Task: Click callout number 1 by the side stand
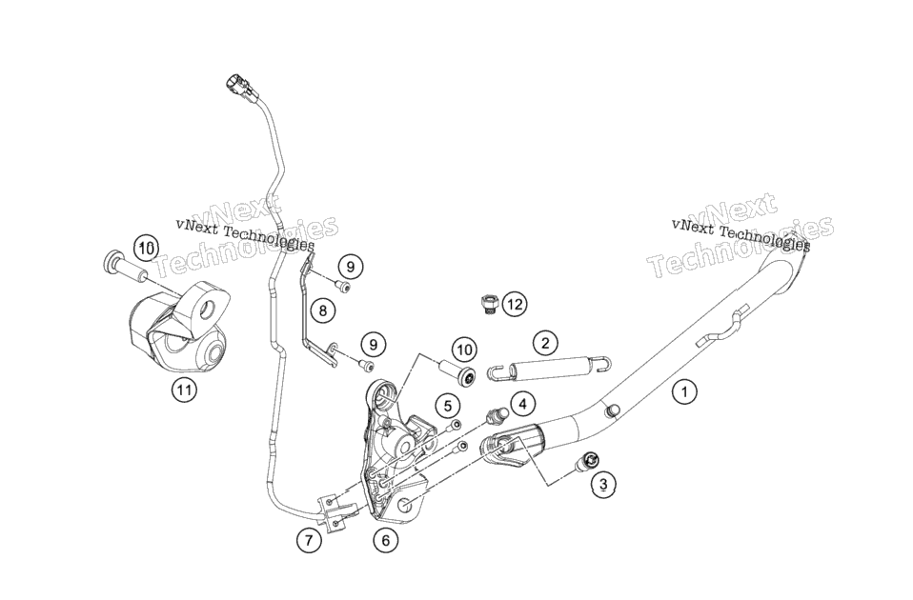(684, 391)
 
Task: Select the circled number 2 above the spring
(545, 343)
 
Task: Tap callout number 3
(603, 484)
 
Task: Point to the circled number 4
(522, 404)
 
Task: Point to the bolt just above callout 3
(587, 462)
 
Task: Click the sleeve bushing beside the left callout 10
(124, 266)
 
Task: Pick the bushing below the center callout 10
(457, 372)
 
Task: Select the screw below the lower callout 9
(367, 366)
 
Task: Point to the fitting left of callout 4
(496, 415)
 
